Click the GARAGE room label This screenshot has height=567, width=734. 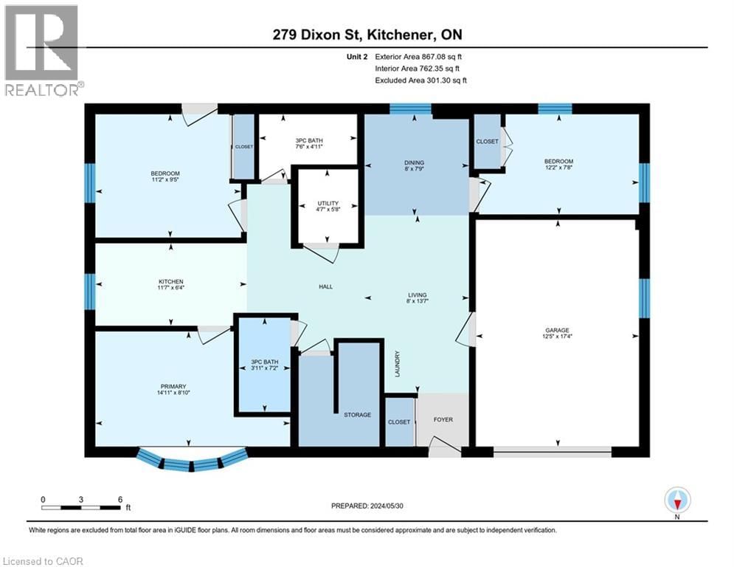click(558, 331)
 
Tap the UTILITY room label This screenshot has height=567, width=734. click(328, 204)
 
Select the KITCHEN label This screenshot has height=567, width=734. click(170, 281)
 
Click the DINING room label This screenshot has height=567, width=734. click(418, 163)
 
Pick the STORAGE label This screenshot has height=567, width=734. click(356, 415)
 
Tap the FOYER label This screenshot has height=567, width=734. click(443, 420)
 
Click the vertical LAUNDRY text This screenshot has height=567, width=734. click(397, 364)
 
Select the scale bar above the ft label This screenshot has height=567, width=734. click(81, 507)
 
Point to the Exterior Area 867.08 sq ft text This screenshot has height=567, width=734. click(419, 56)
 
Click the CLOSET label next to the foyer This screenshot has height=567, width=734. click(400, 422)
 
